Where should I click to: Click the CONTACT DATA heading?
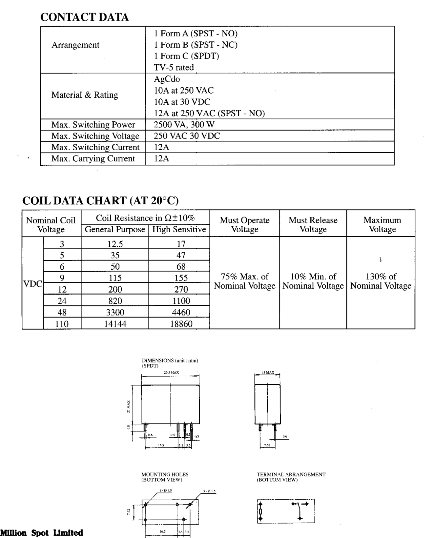tap(84, 17)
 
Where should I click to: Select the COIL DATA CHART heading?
tap(100, 200)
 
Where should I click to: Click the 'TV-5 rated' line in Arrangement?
tap(174, 67)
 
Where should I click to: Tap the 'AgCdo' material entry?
tap(167, 79)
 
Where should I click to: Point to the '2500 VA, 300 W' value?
tap(184, 125)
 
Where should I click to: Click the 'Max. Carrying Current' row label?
tap(93, 159)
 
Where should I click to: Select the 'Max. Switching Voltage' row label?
tap(95, 136)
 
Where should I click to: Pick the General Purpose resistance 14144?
tap(115, 324)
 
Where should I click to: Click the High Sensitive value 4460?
tap(181, 312)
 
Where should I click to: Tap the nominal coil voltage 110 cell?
tap(62, 324)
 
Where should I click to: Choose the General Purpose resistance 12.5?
tap(115, 244)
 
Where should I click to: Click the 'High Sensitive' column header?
tap(179, 230)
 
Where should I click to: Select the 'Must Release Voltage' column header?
tap(313, 225)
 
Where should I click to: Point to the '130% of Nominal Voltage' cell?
tap(381, 281)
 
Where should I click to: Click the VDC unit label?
tap(33, 284)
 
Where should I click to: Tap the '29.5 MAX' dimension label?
tap(171, 373)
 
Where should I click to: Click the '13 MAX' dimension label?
tap(268, 373)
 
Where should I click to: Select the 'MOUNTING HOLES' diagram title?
tap(165, 474)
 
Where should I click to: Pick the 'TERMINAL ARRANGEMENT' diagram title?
tap(291, 474)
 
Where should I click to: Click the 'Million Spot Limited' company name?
tap(42, 533)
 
